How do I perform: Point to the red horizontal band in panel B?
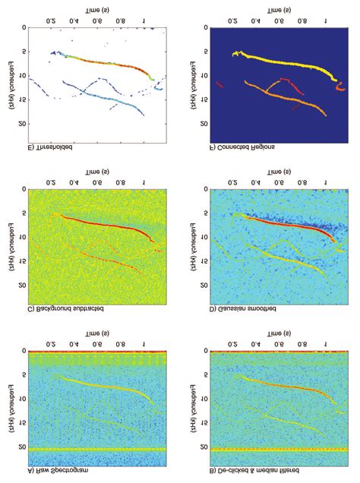tap(280, 352)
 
